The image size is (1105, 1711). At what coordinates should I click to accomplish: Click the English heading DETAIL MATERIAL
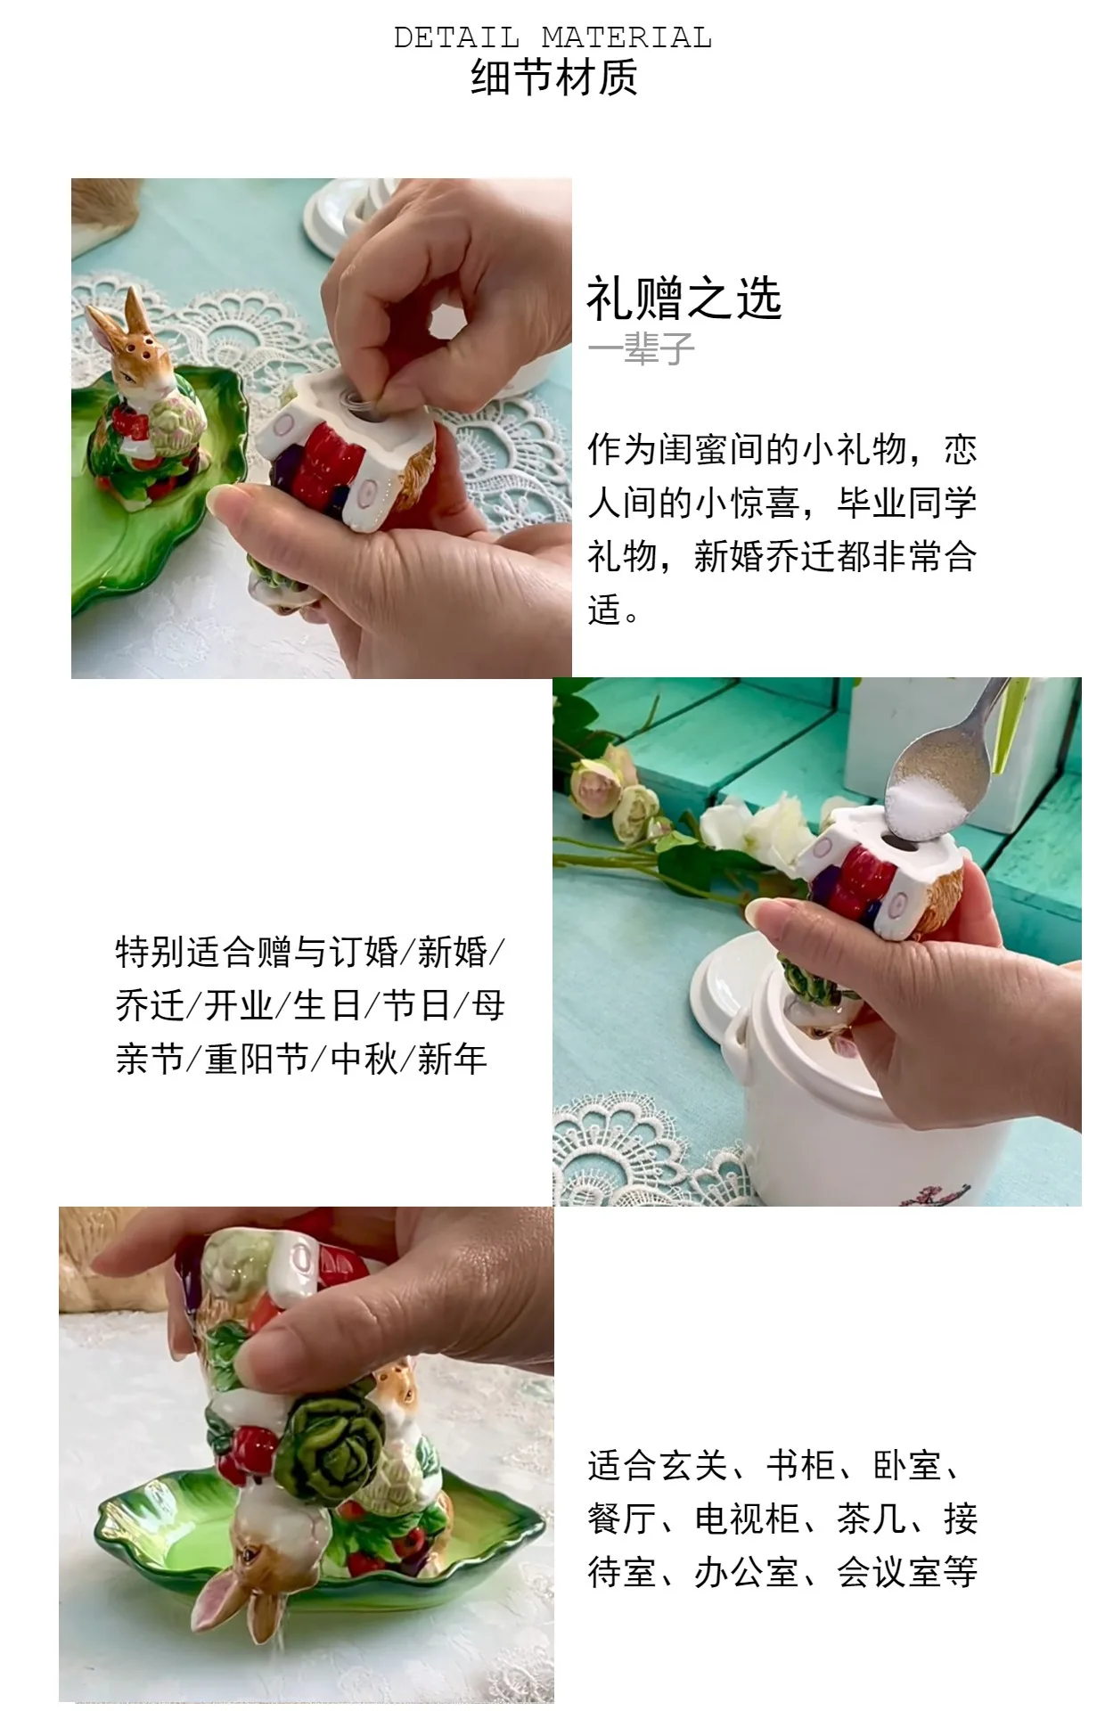(552, 37)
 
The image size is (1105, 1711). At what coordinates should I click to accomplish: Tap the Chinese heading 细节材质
(553, 77)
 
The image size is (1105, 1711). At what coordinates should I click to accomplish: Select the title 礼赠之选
(684, 299)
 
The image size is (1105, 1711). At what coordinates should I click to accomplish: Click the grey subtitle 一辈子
(641, 348)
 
